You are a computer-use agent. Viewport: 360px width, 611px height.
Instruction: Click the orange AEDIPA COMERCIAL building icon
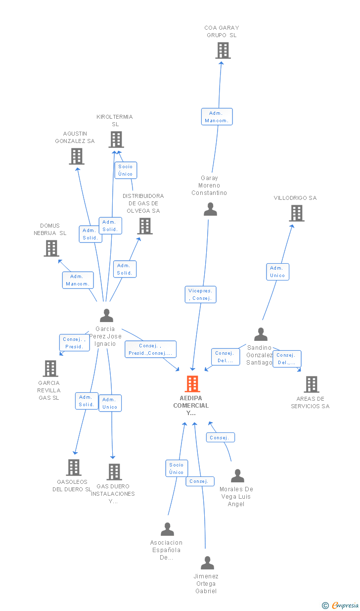coord(192,383)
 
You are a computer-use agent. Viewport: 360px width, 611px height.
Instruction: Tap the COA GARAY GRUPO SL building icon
coord(223,50)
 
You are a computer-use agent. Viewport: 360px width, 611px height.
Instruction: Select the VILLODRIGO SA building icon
coord(297,213)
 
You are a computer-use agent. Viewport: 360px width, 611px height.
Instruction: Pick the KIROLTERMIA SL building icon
coord(116,140)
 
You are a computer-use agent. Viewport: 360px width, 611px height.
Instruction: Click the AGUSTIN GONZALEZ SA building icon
coord(77,156)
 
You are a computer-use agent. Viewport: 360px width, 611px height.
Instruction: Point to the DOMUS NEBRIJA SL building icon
coord(51,248)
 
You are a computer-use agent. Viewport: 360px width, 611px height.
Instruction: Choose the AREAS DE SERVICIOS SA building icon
coord(312,384)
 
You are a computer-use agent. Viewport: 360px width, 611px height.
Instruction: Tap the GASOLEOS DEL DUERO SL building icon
coord(74,468)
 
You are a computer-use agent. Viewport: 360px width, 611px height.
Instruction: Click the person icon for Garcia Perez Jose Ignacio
coord(106,315)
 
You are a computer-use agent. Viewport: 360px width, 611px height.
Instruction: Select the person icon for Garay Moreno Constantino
coord(210,209)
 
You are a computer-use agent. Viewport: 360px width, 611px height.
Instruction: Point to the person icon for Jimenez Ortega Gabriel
coord(207,563)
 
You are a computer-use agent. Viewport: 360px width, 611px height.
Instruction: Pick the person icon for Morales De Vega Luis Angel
coord(237,475)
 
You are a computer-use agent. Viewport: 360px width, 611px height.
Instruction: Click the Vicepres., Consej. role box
coord(200,294)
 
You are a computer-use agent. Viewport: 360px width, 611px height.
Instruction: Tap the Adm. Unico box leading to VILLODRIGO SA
coord(277,272)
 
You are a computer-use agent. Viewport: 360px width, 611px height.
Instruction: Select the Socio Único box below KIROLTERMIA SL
coord(126,170)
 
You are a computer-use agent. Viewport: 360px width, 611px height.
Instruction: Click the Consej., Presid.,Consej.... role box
coord(150,349)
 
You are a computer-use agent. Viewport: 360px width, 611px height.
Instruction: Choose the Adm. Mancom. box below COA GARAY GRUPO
coord(217,117)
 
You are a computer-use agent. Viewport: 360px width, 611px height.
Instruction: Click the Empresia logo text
coord(345,605)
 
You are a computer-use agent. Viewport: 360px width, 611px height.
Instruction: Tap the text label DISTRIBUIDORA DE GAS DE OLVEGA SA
coord(143,203)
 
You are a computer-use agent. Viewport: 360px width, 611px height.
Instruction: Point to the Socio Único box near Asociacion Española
coord(177,469)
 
